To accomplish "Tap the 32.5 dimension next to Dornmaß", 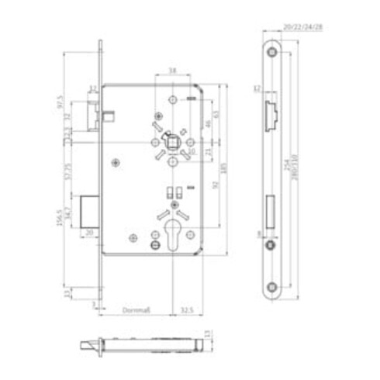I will coord(187,310).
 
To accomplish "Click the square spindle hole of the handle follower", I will coord(170,143).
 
